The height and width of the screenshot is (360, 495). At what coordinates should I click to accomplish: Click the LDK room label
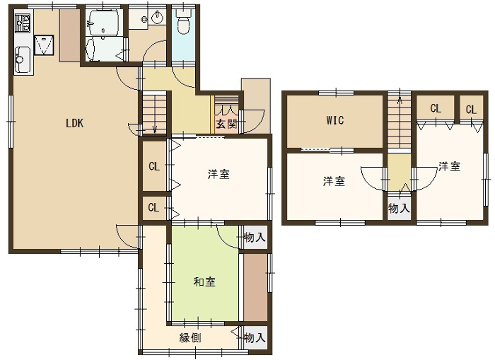[x=74, y=124]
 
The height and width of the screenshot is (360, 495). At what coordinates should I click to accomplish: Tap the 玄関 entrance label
[x=226, y=124]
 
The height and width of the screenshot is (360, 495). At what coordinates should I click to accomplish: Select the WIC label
[x=334, y=122]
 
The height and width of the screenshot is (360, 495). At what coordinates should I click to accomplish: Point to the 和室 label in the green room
[x=203, y=283]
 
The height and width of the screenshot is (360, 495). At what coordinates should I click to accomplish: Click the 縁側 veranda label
[x=190, y=338]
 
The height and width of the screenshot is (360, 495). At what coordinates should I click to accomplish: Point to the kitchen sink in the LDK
[x=45, y=46]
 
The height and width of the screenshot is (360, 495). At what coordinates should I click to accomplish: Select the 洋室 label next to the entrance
[x=219, y=175]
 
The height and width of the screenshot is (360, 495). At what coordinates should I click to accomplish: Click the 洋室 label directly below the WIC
[x=334, y=182]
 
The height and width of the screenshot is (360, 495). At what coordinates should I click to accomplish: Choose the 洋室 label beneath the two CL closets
[x=448, y=167]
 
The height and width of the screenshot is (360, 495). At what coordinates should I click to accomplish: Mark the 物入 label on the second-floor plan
[x=398, y=209]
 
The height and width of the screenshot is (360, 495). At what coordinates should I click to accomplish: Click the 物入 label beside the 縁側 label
[x=254, y=337]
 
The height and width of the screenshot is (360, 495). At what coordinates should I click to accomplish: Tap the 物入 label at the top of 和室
[x=254, y=238]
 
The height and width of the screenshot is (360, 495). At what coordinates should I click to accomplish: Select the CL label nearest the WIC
[x=435, y=109]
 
